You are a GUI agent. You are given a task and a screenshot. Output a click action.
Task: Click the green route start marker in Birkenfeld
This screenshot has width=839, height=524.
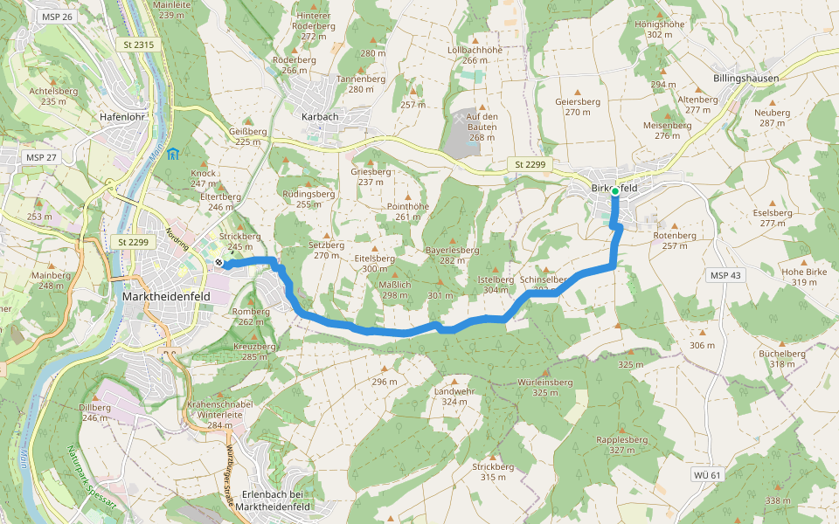tap(615, 190)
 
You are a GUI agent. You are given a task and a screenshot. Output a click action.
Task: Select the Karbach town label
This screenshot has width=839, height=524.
tap(319, 116)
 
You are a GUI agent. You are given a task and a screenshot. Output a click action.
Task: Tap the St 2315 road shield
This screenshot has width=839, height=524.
tap(138, 45)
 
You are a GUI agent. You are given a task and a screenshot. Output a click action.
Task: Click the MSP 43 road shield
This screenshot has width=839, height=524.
tap(725, 275)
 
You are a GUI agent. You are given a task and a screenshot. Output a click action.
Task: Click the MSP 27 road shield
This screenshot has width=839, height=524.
tap(41, 157)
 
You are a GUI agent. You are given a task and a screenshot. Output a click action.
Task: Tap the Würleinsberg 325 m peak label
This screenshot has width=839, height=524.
tap(544, 387)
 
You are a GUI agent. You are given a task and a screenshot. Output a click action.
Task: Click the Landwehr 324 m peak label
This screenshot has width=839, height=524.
tap(454, 396)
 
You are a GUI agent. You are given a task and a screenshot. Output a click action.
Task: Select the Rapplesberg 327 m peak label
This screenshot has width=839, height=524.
tap(621, 445)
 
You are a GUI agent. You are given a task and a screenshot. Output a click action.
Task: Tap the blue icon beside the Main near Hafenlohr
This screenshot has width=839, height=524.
tap(173, 155)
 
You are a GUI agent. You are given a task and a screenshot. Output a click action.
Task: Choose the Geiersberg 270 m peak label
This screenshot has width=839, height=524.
tap(578, 107)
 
